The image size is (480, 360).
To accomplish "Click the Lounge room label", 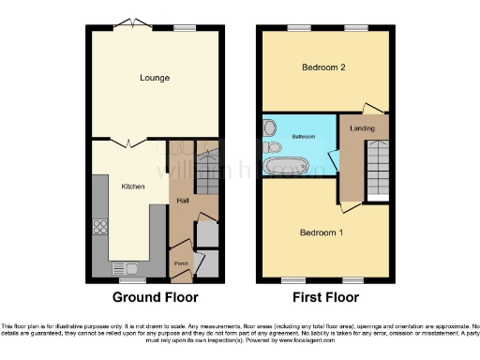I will point(155,78).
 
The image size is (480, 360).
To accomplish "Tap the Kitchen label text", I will point(133,187).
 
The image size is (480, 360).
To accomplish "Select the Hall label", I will point(184,200).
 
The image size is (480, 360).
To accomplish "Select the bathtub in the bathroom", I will point(288,167).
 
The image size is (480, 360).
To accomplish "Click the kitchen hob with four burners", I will point(99,227).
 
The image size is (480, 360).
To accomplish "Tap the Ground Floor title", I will point(155,298).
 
